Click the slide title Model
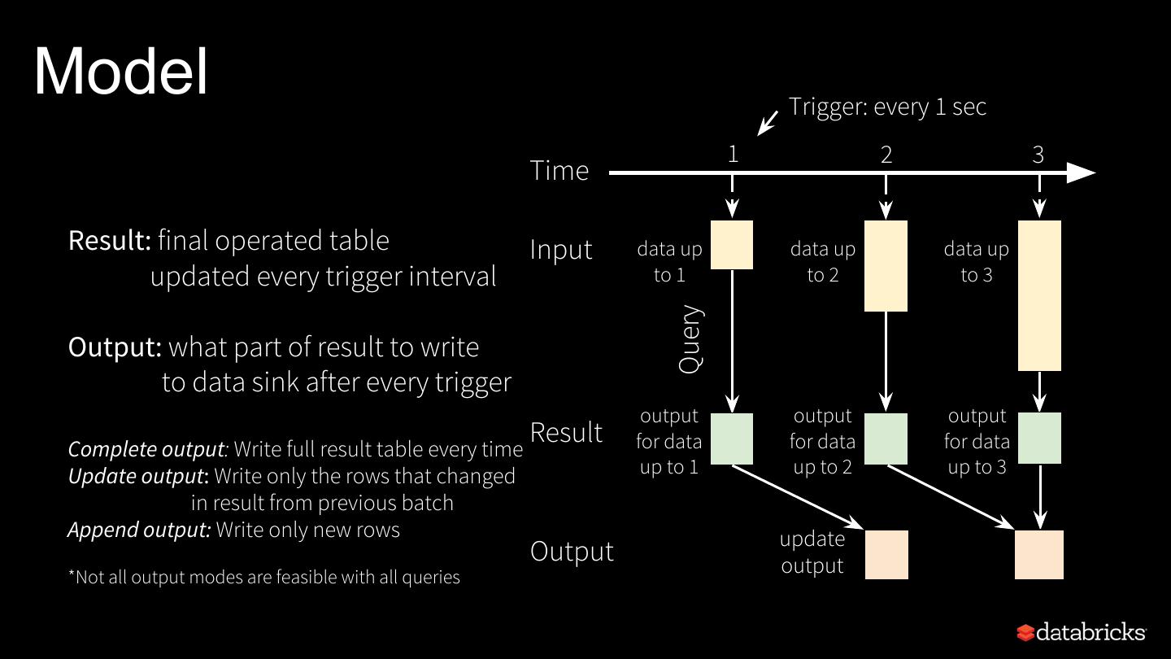click(x=121, y=72)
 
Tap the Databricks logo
click(x=1081, y=632)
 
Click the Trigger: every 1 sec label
click(x=887, y=107)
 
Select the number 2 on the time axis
click(x=886, y=155)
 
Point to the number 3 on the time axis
click(x=1038, y=155)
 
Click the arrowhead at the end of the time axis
click(x=1081, y=172)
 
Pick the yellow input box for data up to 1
click(x=732, y=245)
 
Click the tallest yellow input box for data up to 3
click(x=1039, y=295)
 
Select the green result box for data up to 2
click(x=886, y=439)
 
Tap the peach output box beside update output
click(x=886, y=555)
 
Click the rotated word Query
click(x=690, y=339)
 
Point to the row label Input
click(x=562, y=249)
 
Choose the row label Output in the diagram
click(x=572, y=551)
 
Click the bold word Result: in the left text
click(x=110, y=241)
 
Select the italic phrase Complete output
click(x=147, y=449)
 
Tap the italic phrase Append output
click(x=139, y=530)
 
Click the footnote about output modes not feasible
click(x=263, y=577)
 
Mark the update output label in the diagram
click(x=812, y=552)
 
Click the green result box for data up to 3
click(x=1039, y=439)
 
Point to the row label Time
click(x=559, y=171)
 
